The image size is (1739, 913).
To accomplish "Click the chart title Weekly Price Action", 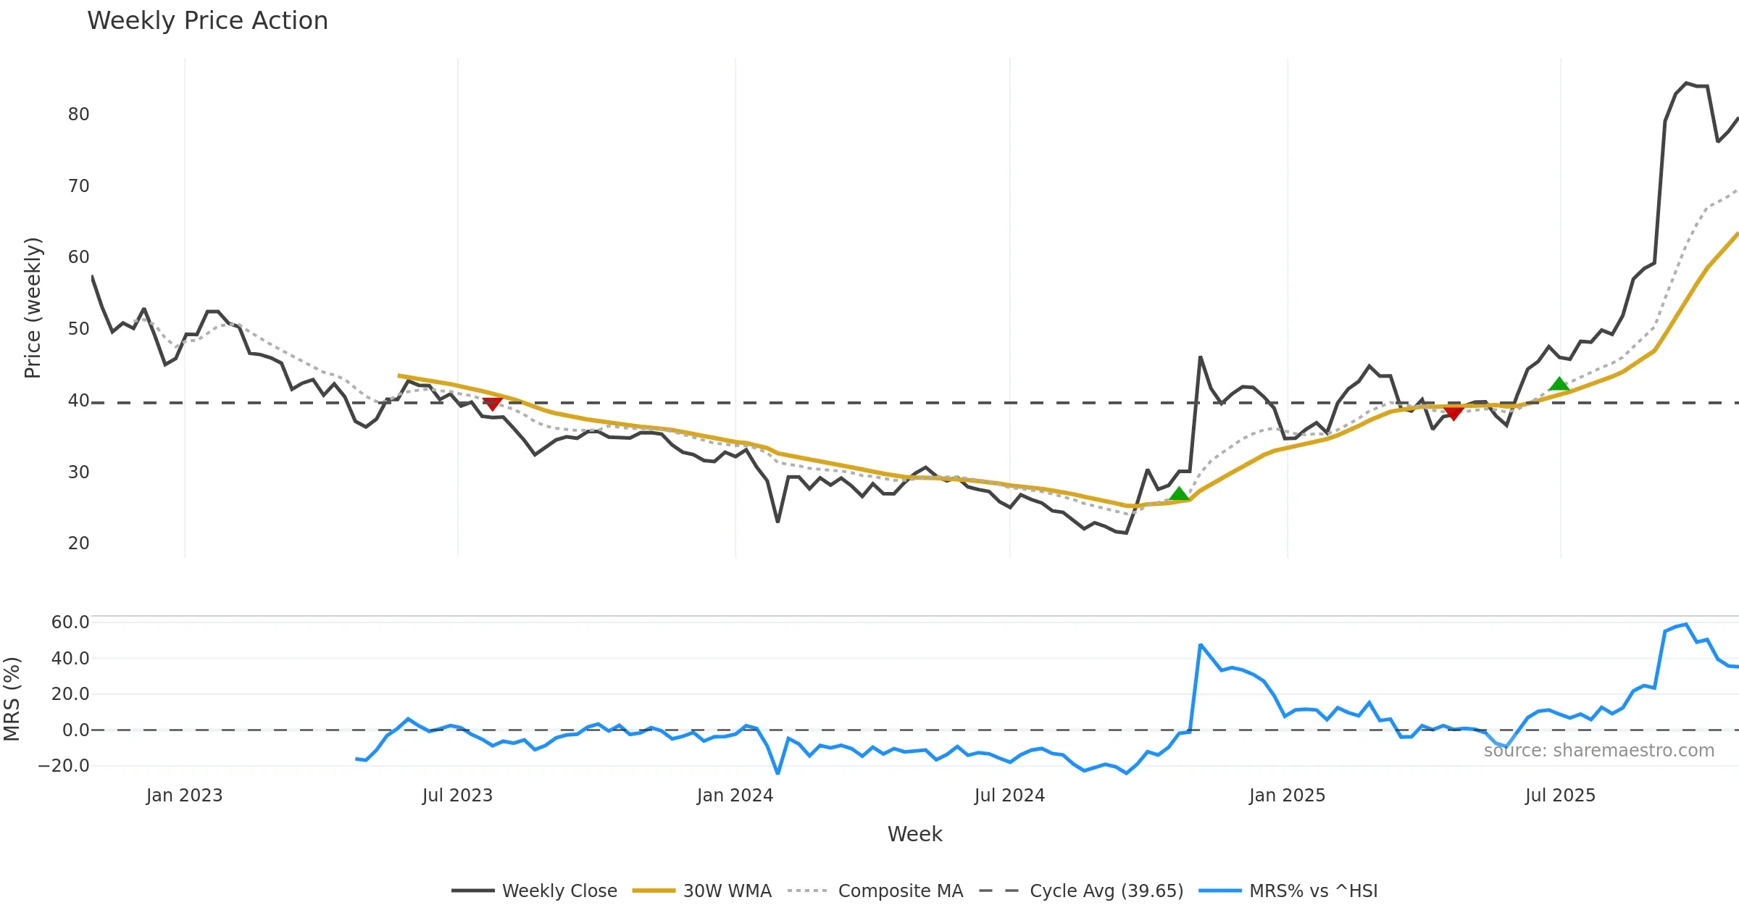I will (207, 21).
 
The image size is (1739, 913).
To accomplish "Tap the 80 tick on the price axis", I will (78, 114).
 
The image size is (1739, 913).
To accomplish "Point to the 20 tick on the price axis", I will (78, 543).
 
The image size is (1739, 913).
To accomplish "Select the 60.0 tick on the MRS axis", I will (70, 622).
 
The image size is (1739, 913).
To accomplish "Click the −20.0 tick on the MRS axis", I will (64, 766).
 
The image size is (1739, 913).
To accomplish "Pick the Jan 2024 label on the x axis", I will (735, 796).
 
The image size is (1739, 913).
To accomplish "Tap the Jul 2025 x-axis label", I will (1560, 796).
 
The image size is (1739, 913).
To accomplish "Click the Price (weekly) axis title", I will (33, 308).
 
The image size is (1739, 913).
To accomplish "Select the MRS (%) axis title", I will (12, 699).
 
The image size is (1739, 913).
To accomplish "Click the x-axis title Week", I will (914, 835).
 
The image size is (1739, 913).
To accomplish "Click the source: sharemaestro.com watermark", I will (1598, 751).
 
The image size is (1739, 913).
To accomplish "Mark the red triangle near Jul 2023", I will (493, 404).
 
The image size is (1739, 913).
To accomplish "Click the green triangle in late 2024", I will (1179, 494).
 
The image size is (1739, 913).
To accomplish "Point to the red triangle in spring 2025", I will (1453, 412).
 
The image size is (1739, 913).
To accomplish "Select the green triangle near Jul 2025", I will (1559, 384).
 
